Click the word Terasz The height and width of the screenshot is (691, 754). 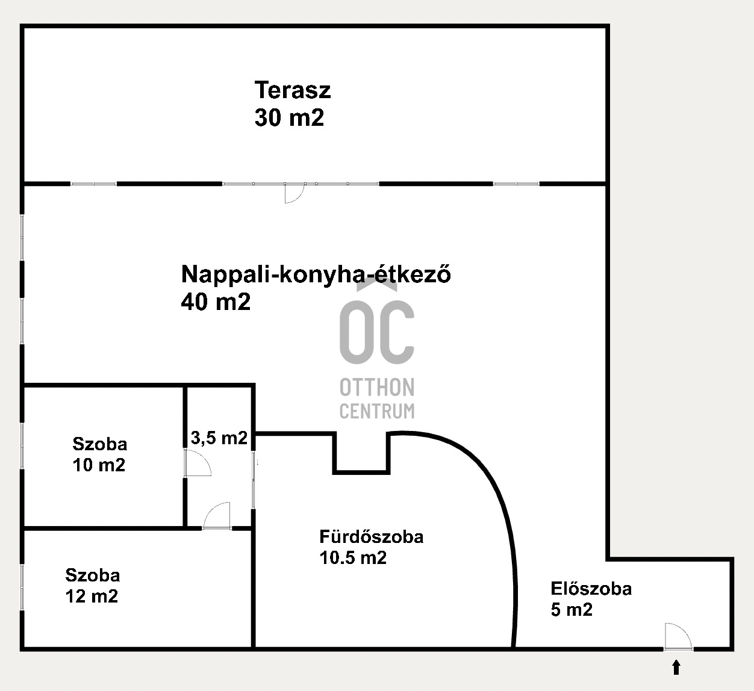tap(293, 90)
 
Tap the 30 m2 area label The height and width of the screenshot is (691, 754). tap(289, 117)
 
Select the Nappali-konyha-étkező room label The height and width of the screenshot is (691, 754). tap(316, 274)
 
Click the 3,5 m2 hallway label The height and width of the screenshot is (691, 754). tap(219, 438)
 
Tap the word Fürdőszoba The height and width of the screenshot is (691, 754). tap(372, 536)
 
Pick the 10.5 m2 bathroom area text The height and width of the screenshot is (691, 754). tap(353, 557)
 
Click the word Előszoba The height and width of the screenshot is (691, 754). tap(591, 589)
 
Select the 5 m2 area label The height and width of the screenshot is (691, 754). tap(572, 610)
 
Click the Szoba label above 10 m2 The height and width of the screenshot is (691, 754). tap(99, 444)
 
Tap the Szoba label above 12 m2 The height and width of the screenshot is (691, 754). tap(93, 575)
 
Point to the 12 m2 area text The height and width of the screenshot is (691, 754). tap(92, 596)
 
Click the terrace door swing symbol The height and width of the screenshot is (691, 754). tap(294, 194)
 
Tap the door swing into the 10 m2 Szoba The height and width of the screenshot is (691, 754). tap(198, 462)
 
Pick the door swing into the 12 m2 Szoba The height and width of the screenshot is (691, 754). tap(216, 515)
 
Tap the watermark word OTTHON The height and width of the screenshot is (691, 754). tap(377, 388)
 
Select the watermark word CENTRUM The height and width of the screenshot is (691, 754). tap(377, 411)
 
